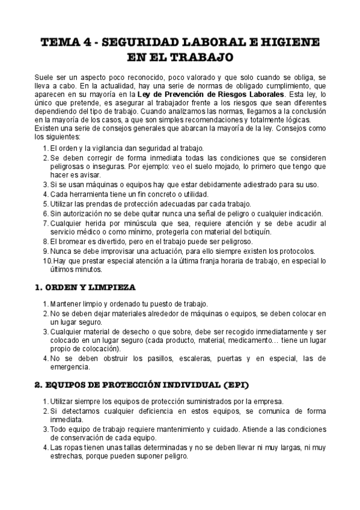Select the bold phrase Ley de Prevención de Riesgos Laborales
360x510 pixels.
211,95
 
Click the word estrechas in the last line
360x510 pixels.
68,456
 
